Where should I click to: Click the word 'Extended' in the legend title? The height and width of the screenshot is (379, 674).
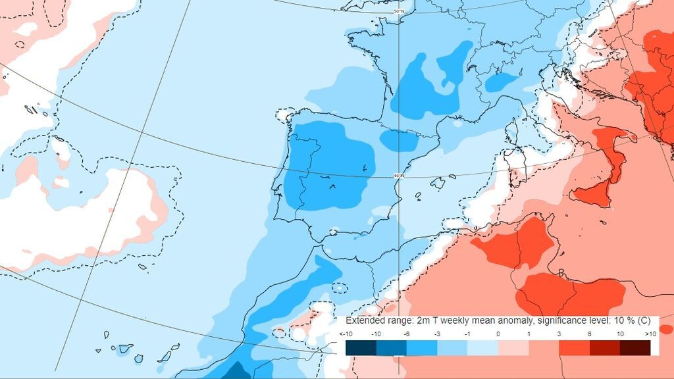coord(365,320)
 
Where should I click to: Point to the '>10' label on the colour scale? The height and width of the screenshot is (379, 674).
coord(651,334)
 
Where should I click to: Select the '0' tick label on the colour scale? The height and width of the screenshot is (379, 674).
coord(498,334)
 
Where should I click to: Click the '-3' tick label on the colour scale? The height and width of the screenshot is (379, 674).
coord(437,334)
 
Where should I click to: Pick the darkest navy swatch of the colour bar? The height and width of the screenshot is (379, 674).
coord(360,347)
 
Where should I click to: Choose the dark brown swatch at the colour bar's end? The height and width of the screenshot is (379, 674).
coord(635,347)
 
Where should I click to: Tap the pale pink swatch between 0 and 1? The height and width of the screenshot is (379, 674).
coord(513,347)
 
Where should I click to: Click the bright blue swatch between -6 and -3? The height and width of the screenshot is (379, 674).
coord(421,347)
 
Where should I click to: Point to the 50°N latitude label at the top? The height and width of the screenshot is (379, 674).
coord(398,12)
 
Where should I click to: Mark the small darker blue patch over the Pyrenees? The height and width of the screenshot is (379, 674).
coord(399,140)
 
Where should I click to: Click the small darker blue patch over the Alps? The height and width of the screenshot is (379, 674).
coord(502,81)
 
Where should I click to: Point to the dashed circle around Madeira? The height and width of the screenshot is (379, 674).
coord(339,288)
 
